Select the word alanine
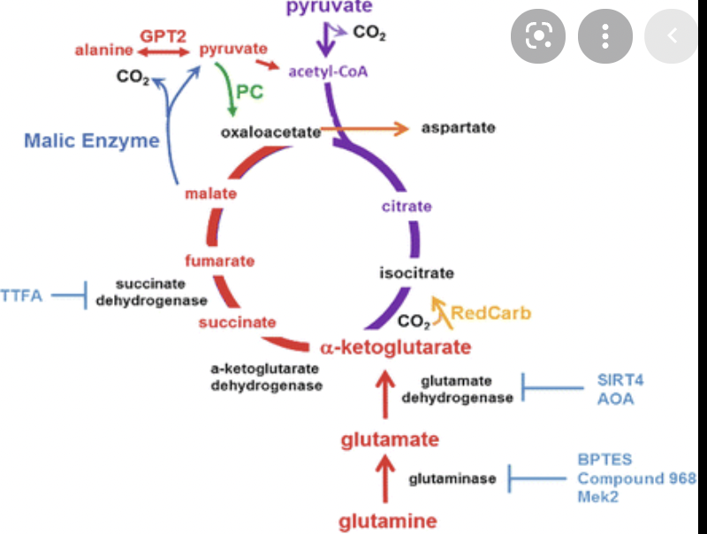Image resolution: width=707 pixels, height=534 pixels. [x=97, y=50]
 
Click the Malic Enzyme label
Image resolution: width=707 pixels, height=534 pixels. [x=91, y=141]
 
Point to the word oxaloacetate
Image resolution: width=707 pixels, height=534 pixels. [x=270, y=132]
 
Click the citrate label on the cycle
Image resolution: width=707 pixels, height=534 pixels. [x=407, y=206]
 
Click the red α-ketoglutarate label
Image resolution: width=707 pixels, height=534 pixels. [x=389, y=346]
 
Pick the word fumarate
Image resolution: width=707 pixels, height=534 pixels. [x=219, y=261]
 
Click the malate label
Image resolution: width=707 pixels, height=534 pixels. [x=210, y=194]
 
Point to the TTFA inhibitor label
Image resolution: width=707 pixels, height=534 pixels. [x=21, y=295]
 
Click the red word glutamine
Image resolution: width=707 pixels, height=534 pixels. [x=387, y=521]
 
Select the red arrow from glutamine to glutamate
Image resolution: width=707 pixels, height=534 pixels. [x=385, y=478]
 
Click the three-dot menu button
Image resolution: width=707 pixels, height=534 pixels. [x=605, y=35]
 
